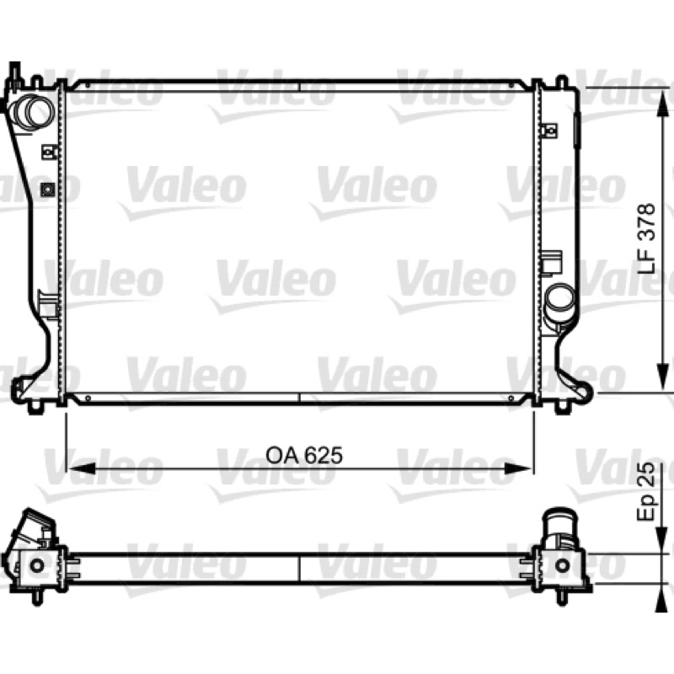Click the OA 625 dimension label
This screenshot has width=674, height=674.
click(304, 456)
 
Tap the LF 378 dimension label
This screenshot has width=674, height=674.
click(646, 238)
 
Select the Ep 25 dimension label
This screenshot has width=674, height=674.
click(646, 492)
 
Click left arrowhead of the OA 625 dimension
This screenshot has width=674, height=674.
click(81, 468)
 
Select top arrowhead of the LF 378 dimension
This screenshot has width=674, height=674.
click(664, 104)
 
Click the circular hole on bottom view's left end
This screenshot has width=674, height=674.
click(36, 565)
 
